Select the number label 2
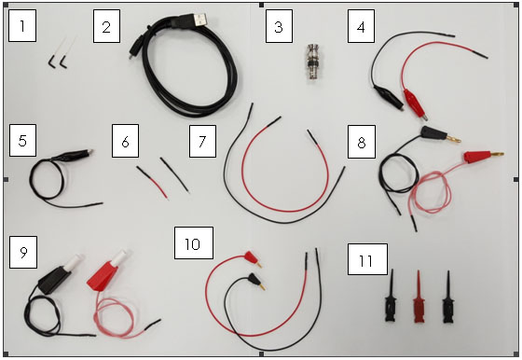pyautogui.click(x=106, y=27)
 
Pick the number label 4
pyautogui.click(x=361, y=27)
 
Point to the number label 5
pyautogui.click(x=22, y=141)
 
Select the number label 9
pyautogui.click(x=22, y=252)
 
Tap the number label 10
pyautogui.click(x=193, y=244)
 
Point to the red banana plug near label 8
pyautogui.click(x=475, y=154)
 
